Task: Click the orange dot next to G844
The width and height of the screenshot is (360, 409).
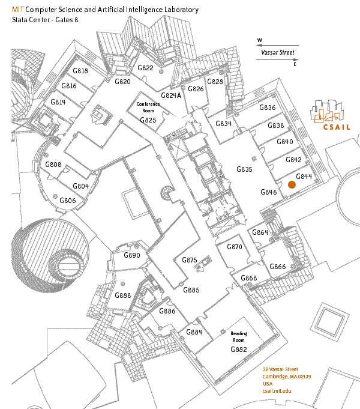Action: (x=292, y=185)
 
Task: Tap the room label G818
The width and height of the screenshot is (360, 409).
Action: (x=80, y=71)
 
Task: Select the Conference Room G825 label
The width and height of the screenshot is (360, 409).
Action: (x=148, y=112)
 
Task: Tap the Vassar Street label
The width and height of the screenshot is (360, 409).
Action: (x=278, y=53)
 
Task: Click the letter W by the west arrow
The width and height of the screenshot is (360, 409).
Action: (x=260, y=41)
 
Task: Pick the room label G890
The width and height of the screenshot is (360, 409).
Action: (x=132, y=256)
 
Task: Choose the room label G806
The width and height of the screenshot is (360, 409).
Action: (x=68, y=201)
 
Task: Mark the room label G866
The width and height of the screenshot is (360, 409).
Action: (x=278, y=267)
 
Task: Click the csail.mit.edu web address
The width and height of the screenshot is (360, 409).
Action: (x=277, y=391)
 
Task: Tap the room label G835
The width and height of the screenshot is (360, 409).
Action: (x=245, y=169)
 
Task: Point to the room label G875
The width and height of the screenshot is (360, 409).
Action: (x=190, y=260)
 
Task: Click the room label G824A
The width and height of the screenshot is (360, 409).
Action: (x=171, y=95)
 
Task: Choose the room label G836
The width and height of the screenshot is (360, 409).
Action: (x=268, y=108)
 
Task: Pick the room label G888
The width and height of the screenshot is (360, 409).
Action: (x=123, y=295)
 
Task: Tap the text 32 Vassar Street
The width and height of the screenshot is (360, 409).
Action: (x=280, y=369)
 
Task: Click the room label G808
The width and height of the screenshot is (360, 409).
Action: (x=53, y=165)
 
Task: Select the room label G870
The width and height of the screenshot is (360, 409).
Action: (x=234, y=247)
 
